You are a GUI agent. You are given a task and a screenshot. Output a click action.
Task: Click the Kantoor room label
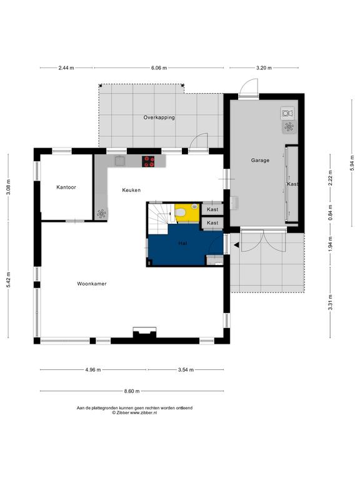click(66, 187)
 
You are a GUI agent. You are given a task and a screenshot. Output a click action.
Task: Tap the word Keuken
click(131, 190)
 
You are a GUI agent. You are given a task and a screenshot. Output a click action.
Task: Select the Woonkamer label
click(92, 284)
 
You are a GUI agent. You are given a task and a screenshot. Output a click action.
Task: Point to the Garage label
click(260, 160)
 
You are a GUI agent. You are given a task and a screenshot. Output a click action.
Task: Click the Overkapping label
click(159, 117)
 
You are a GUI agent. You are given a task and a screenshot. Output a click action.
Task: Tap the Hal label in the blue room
click(182, 243)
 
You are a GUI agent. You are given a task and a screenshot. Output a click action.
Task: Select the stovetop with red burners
click(149, 161)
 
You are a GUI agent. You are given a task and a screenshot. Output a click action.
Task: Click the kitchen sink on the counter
click(120, 161)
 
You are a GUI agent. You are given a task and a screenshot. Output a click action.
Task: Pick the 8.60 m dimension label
click(132, 391)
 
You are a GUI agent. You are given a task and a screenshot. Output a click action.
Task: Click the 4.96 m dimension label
click(93, 370)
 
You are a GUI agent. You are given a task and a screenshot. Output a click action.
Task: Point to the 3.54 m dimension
click(186, 370)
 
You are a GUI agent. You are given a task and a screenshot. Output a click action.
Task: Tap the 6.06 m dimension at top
click(159, 68)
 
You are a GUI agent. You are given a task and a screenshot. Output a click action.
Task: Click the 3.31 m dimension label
click(330, 302)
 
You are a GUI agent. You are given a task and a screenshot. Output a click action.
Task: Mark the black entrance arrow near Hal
click(236, 244)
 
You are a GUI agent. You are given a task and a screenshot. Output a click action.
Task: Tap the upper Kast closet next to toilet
click(212, 209)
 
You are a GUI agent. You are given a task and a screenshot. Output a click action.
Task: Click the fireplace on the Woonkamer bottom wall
click(144, 332)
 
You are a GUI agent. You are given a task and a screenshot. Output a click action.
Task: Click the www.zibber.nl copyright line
click(135, 412)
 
